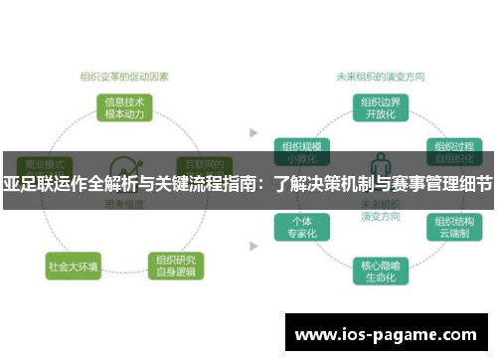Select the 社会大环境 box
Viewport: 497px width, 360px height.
click(x=73, y=267)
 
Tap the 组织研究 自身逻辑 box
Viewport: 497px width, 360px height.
click(x=176, y=266)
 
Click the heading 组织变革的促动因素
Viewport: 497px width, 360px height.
click(x=124, y=74)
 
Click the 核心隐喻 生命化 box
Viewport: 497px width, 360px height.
click(x=378, y=270)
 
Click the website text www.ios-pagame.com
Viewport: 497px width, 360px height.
click(x=386, y=335)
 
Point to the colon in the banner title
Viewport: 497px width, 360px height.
click(x=263, y=184)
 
